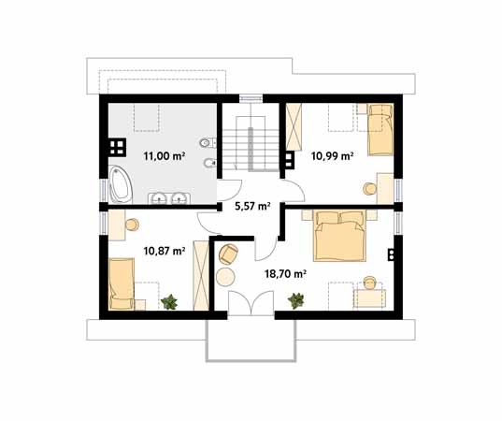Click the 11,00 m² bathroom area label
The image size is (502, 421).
[x=165, y=156]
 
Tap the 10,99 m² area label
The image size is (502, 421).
[x=333, y=156]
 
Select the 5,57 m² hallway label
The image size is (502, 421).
[x=253, y=206]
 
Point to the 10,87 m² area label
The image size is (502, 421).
[x=165, y=251]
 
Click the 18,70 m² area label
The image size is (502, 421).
[x=285, y=273]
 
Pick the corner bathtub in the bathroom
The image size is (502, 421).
[x=120, y=184]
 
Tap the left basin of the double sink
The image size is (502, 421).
[x=159, y=198]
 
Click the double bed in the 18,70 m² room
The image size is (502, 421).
[x=339, y=236]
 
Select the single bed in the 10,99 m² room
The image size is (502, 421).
[x=380, y=130]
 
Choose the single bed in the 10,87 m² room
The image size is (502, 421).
[x=122, y=284]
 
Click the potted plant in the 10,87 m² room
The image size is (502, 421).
[x=169, y=302]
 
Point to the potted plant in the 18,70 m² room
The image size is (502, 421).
[x=295, y=301]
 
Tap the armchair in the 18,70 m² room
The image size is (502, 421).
[x=228, y=254]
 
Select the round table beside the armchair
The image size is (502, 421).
[x=225, y=277]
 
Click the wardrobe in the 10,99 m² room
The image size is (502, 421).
[x=294, y=127]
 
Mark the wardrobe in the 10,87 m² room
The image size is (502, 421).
[x=201, y=276]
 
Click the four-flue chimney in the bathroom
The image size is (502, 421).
[x=117, y=148]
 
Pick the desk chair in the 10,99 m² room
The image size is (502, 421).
[x=369, y=189]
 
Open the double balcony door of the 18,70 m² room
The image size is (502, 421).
[x=251, y=303]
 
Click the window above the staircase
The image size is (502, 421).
[x=251, y=98]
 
